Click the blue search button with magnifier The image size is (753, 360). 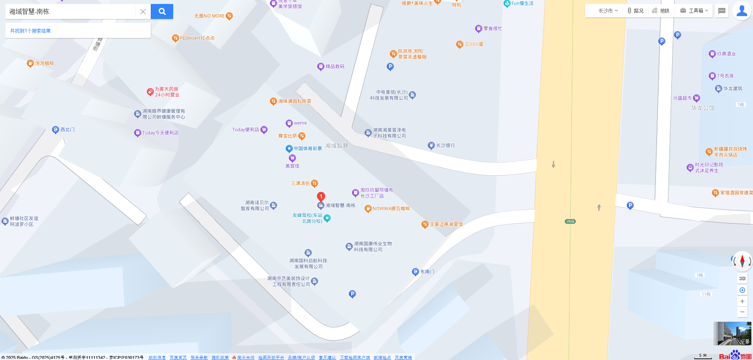(162, 11)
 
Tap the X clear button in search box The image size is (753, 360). (143, 12)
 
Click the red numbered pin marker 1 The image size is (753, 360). (321, 196)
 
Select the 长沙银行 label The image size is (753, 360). (445, 145)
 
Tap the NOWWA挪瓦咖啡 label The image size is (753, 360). (391, 208)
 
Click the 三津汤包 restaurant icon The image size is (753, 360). (315, 183)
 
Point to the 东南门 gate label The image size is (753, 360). (427, 272)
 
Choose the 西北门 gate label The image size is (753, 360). (67, 129)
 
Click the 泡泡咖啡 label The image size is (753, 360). (44, 63)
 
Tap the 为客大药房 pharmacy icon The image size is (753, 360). (150, 92)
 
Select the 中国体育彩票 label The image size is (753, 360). (307, 148)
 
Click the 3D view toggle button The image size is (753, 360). (742, 278)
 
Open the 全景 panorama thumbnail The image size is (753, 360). (732, 334)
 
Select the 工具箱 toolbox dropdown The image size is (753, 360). (694, 11)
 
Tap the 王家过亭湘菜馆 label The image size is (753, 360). (446, 224)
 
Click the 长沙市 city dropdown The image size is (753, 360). (608, 11)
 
